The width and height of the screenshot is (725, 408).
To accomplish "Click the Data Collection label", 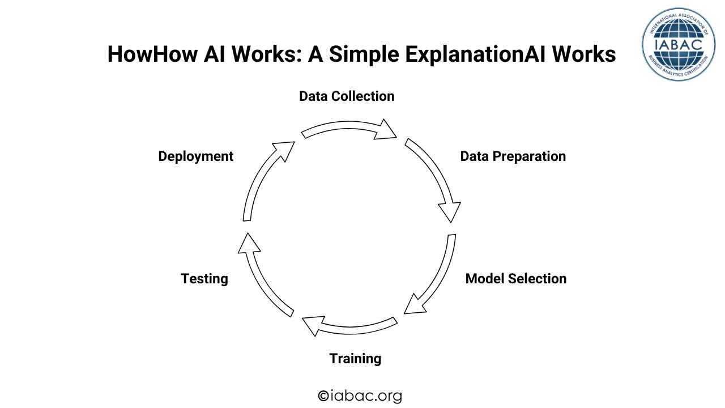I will [347, 96].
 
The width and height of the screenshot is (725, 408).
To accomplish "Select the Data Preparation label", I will [513, 156].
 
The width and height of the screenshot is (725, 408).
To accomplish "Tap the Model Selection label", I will [515, 279].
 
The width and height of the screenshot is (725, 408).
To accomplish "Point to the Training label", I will [355, 359].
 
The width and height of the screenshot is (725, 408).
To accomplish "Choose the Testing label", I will [204, 279].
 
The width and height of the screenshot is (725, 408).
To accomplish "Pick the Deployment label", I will [195, 156].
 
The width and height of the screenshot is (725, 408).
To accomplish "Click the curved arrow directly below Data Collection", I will [348, 130].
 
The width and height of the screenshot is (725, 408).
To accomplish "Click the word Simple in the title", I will [353, 54].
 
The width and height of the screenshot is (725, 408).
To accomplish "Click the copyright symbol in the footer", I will [323, 396].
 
